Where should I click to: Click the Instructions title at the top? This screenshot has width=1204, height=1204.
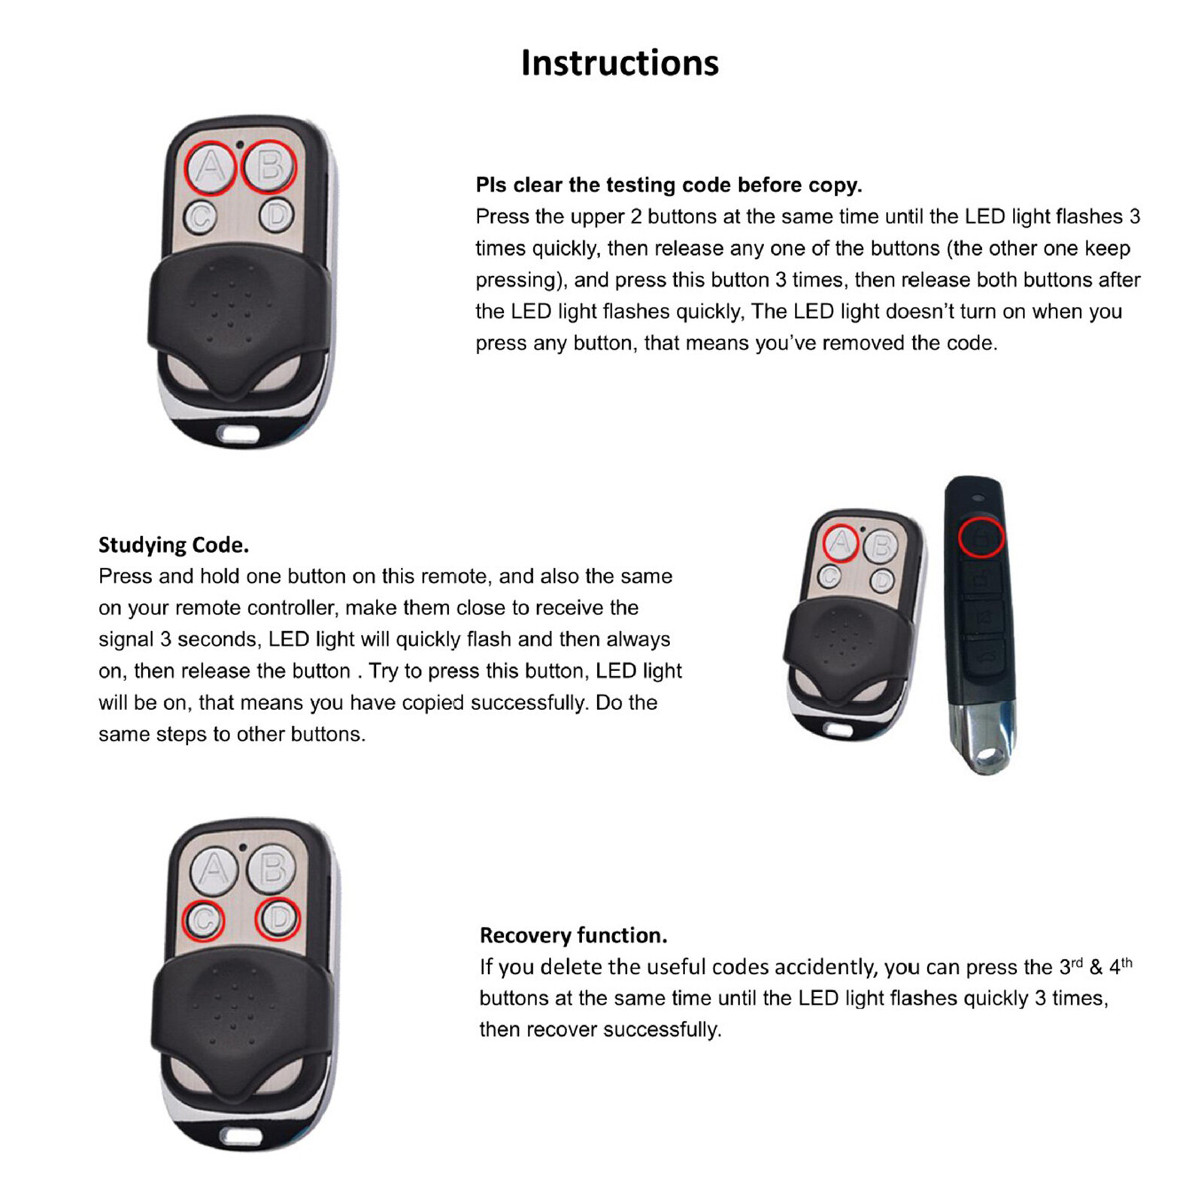point(620,63)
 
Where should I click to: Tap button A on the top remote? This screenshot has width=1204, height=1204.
point(211,168)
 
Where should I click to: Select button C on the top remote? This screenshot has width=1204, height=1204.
point(200,217)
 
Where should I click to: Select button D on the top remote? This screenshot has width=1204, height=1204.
point(277,216)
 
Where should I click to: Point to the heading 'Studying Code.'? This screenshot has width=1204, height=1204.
point(174,545)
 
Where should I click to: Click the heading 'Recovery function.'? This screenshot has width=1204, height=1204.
point(573,936)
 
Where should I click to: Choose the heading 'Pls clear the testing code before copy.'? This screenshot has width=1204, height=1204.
point(669,185)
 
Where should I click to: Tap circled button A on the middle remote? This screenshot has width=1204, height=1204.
point(841,542)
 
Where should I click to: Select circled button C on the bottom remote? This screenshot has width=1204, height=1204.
point(204,920)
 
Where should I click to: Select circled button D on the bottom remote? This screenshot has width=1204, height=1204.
point(278,918)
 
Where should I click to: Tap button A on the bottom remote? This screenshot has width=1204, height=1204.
point(214,870)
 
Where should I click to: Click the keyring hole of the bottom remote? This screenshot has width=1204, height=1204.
point(241,1135)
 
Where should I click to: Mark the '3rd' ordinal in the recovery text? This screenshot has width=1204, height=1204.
point(1071,966)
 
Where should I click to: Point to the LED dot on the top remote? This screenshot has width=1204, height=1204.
point(240,144)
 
